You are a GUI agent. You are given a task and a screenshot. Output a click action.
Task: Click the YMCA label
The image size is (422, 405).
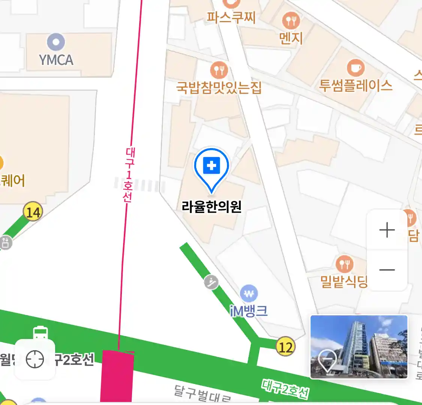pos(56,60)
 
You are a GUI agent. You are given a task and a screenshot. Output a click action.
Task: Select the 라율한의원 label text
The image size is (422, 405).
pos(212,207)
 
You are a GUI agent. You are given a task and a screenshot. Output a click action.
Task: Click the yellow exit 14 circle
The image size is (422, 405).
pos(33,212)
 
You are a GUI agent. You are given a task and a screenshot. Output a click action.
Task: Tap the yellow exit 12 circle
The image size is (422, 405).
pos(285,347)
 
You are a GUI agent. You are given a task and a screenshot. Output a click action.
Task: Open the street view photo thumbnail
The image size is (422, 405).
pos(359,346)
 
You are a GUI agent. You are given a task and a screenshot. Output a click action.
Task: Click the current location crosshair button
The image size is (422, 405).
pos(35,360)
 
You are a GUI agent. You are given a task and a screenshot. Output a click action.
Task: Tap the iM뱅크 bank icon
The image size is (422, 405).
pos(249,294)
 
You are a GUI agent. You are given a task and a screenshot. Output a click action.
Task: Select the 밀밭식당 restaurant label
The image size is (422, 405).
pos(344,281)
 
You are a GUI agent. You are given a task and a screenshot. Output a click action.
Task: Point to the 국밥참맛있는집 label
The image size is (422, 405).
pos(219,87)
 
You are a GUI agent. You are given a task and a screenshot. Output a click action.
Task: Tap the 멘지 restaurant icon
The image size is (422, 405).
pos(291,20)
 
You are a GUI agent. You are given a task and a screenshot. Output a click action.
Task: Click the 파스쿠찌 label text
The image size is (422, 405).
pos(231,17)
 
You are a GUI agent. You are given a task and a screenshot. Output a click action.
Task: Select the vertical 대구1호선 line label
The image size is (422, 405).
pos(129,175)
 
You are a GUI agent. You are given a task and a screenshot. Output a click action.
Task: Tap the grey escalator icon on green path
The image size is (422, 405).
pos(212,282)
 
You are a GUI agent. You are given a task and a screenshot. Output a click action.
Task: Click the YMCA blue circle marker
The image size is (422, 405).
pos(56,42)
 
